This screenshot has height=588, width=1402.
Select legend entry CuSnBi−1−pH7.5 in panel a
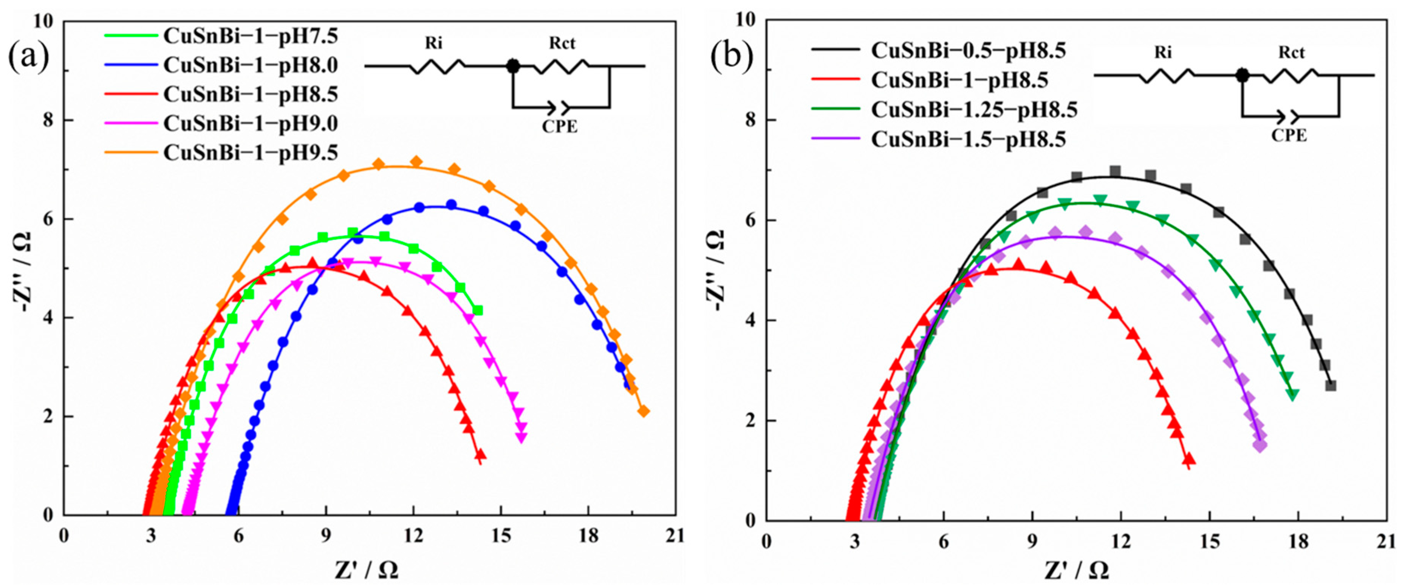[250, 36]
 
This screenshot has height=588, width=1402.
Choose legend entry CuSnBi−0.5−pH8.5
[968, 50]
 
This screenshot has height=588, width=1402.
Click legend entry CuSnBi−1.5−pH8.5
[968, 140]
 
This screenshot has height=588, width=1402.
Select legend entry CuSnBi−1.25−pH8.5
[974, 110]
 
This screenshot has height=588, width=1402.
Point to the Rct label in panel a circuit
[562, 43]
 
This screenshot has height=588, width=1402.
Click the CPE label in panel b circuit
[1289, 136]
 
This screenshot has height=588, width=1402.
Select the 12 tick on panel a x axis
[414, 536]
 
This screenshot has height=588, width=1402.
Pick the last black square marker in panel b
[1331, 386]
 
